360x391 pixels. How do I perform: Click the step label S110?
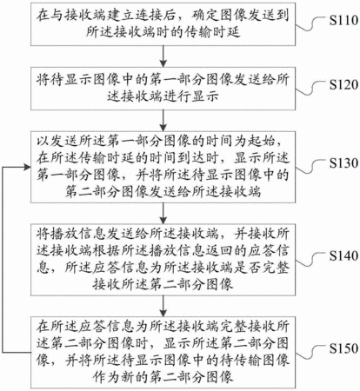pyautogui.click(x=344, y=20)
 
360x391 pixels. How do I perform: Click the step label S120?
pyautogui.click(x=344, y=84)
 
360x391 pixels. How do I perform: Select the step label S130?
pyautogui.click(x=344, y=163)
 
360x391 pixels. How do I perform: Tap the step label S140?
pyautogui.click(x=344, y=255)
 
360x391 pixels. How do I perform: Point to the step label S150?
pyautogui.click(x=344, y=348)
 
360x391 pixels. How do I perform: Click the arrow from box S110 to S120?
pyautogui.click(x=163, y=56)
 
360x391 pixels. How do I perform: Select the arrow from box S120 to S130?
pyautogui.click(x=163, y=121)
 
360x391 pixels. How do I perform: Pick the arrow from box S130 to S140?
pyautogui.click(x=163, y=213)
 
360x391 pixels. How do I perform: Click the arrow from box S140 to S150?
pyautogui.click(x=163, y=306)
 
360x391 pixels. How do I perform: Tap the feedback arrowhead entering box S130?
pyautogui.click(x=28, y=167)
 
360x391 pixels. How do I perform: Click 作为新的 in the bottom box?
pyautogui.click(x=121, y=376)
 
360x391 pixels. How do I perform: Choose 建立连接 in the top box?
pyautogui.click(x=135, y=15)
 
